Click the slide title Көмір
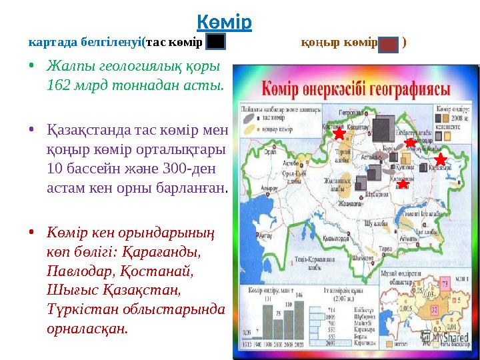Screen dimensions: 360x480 click(225, 22)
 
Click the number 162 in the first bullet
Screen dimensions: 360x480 click(58, 85)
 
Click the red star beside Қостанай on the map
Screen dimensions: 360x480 click(339, 134)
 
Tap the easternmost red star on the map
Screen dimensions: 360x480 click(440, 159)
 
